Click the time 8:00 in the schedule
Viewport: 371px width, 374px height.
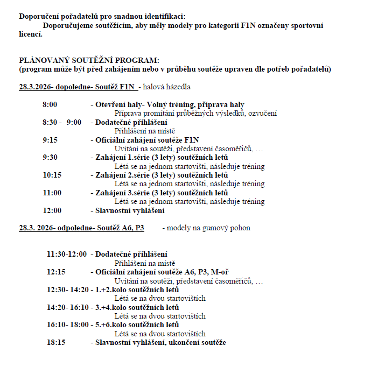coord(50,105)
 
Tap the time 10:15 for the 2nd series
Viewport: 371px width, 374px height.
coord(52,175)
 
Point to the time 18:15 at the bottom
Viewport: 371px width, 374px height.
coord(56,343)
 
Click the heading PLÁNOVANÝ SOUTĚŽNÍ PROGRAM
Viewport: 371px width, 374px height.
coord(89,61)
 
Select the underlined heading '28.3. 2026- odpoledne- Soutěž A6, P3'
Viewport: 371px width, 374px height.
coord(81,228)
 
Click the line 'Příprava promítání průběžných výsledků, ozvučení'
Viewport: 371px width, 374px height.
coord(196,114)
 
